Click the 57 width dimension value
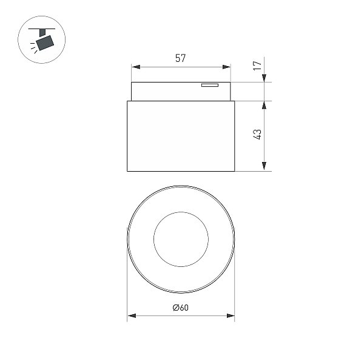(x=181, y=58)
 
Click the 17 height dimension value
(x=257, y=66)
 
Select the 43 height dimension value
(x=257, y=135)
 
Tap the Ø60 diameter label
(x=181, y=308)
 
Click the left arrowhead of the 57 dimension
(x=136, y=67)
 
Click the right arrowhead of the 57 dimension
(x=226, y=67)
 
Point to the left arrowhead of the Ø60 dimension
(x=132, y=315)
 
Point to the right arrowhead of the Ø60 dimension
(x=231, y=315)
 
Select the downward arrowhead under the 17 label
(x=264, y=78)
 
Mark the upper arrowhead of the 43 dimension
(x=264, y=105)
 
